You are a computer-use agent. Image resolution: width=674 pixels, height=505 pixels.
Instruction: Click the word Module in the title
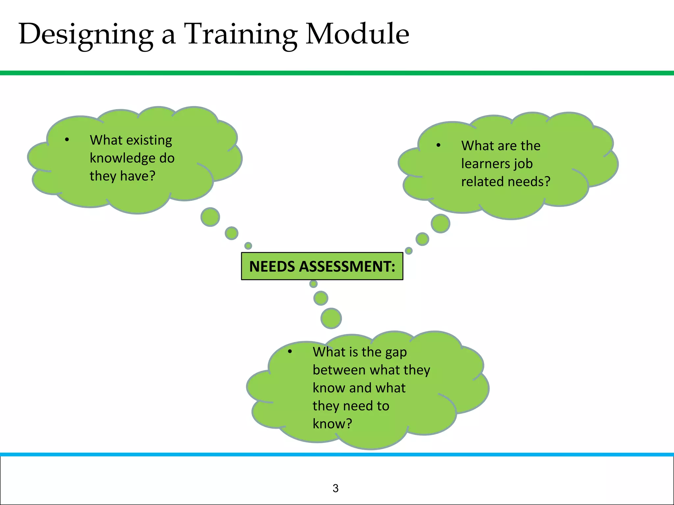(357, 34)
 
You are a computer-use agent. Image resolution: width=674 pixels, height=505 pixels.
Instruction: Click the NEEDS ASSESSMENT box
(322, 266)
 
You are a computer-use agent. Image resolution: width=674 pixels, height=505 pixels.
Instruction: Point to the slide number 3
(335, 488)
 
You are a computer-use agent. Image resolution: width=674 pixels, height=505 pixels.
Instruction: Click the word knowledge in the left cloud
(122, 158)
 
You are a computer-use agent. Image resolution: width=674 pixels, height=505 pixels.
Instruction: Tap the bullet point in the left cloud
(67, 140)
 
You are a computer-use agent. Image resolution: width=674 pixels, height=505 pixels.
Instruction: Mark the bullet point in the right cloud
(438, 145)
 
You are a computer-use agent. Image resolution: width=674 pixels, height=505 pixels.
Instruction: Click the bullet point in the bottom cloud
(290, 351)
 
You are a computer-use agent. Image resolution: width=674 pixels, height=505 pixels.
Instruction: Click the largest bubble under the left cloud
(210, 217)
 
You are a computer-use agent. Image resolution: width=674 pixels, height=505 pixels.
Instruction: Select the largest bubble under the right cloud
(440, 224)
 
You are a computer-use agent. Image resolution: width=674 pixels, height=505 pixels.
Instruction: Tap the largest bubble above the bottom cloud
(331, 318)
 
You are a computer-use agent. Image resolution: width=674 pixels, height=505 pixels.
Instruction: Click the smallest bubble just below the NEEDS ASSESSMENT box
(313, 284)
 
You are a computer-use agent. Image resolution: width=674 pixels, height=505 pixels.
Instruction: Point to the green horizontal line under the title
(337, 73)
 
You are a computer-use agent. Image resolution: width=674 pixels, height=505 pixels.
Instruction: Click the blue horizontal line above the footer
(337, 454)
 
